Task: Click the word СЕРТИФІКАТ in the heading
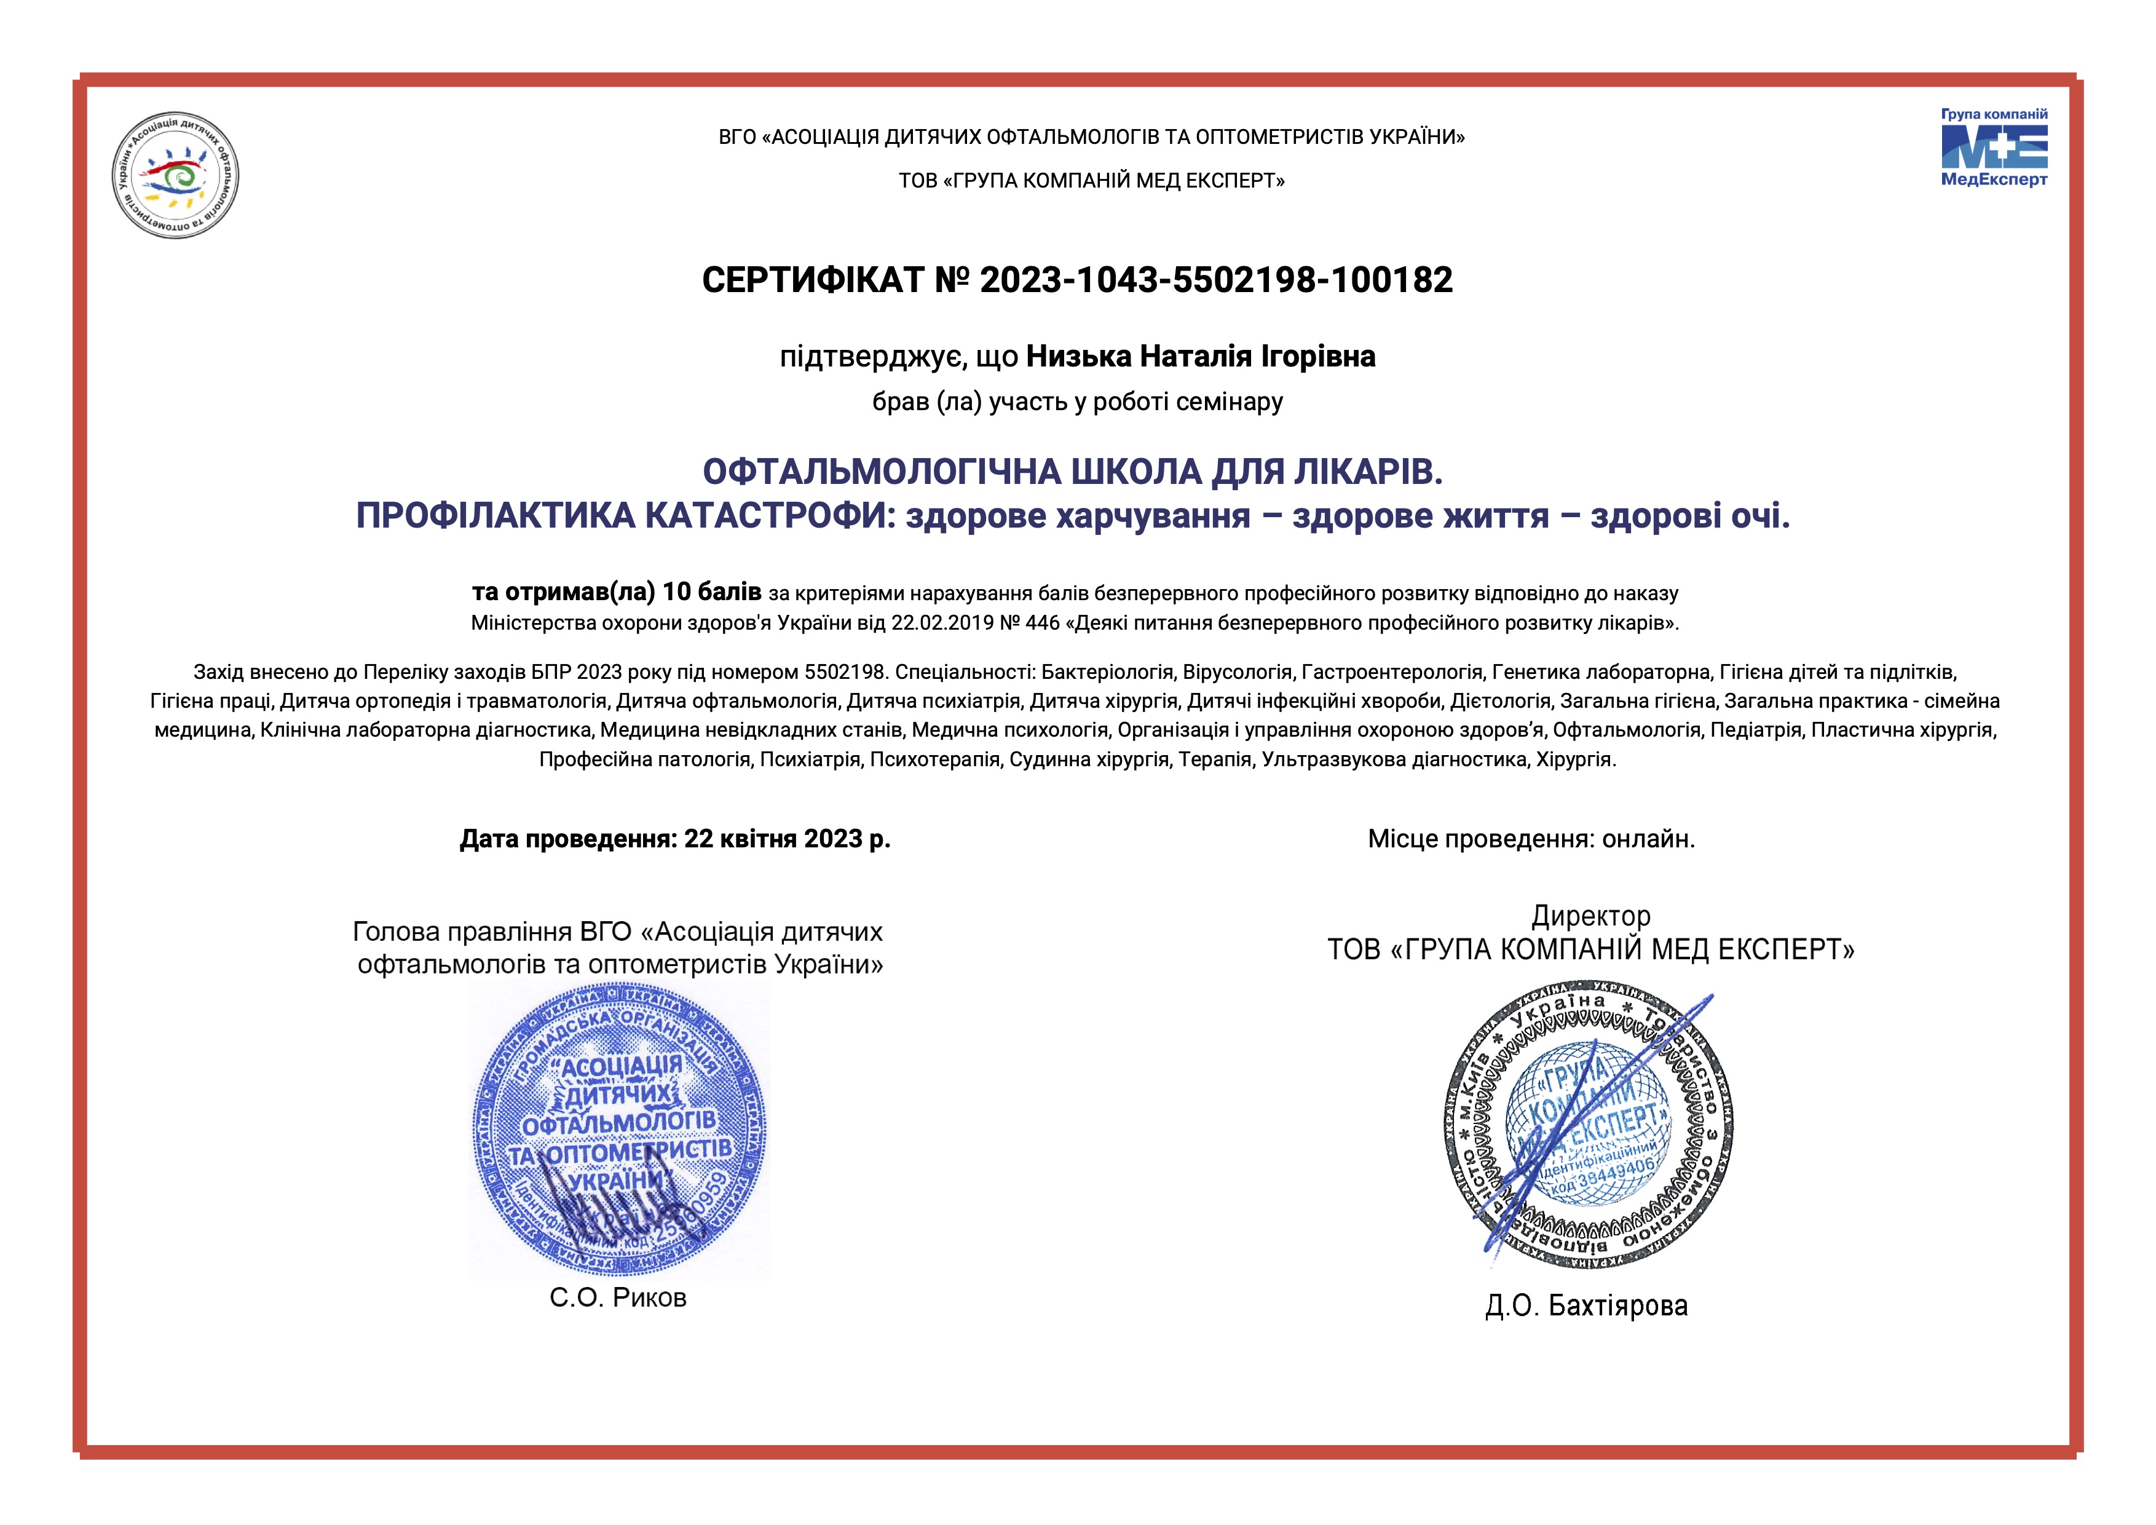pos(813,280)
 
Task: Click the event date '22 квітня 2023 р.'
pos(787,839)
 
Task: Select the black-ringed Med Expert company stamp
pos(1589,1127)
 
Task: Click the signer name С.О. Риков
pos(618,1297)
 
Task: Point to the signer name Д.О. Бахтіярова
pos(1586,1305)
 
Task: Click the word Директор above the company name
pos(1590,916)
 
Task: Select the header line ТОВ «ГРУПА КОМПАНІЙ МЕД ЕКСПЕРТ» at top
pos(1091,180)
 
